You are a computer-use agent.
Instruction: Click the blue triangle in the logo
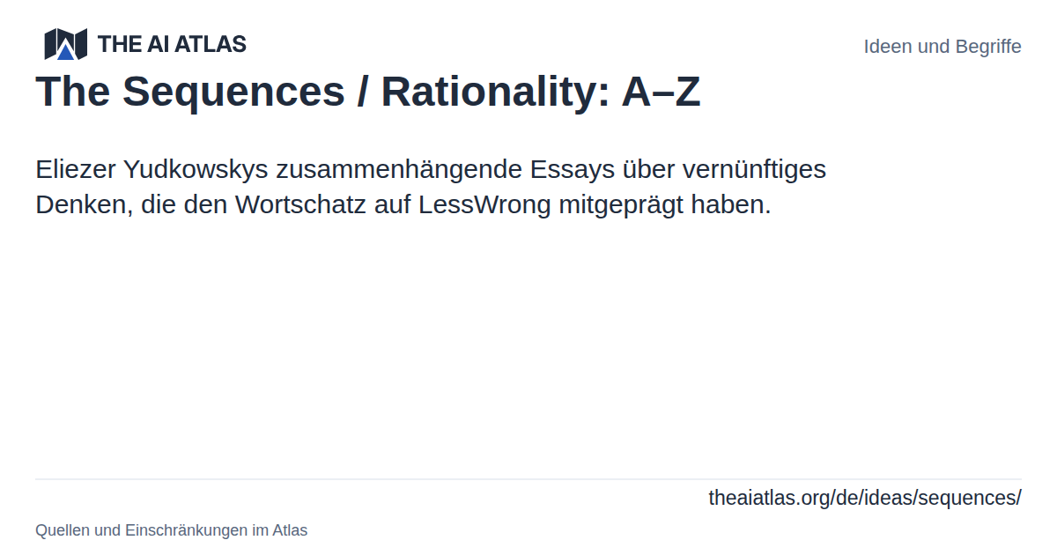[65, 51]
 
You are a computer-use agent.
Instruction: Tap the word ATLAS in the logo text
[211, 44]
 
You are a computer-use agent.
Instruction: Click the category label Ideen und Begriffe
[942, 47]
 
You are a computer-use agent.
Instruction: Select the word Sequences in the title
[233, 92]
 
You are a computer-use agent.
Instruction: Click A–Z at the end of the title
[661, 92]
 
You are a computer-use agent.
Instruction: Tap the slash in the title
[362, 92]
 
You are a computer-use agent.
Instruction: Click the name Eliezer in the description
[76, 169]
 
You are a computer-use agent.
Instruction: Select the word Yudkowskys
[196, 170]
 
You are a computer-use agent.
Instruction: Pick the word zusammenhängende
[399, 170]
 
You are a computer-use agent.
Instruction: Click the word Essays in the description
[573, 170]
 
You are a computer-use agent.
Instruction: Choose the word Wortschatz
[300, 204]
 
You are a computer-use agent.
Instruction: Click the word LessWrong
[484, 205]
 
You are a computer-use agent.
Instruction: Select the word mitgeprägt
[621, 205]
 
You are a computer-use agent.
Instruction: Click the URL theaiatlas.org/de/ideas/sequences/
[865, 498]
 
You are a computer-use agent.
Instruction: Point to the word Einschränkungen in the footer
[187, 530]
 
